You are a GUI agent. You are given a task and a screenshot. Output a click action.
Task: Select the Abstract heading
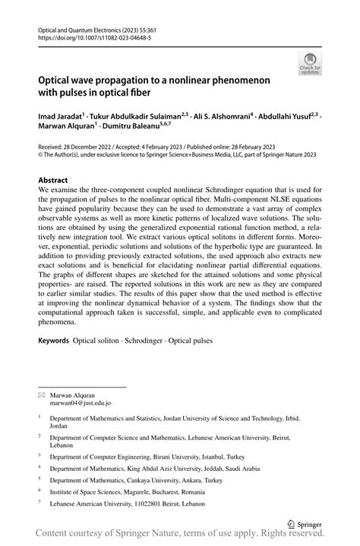(58, 180)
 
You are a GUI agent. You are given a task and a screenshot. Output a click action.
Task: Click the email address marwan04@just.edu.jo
(80, 403)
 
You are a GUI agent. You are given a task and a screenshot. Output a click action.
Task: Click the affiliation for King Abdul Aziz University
(155, 469)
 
